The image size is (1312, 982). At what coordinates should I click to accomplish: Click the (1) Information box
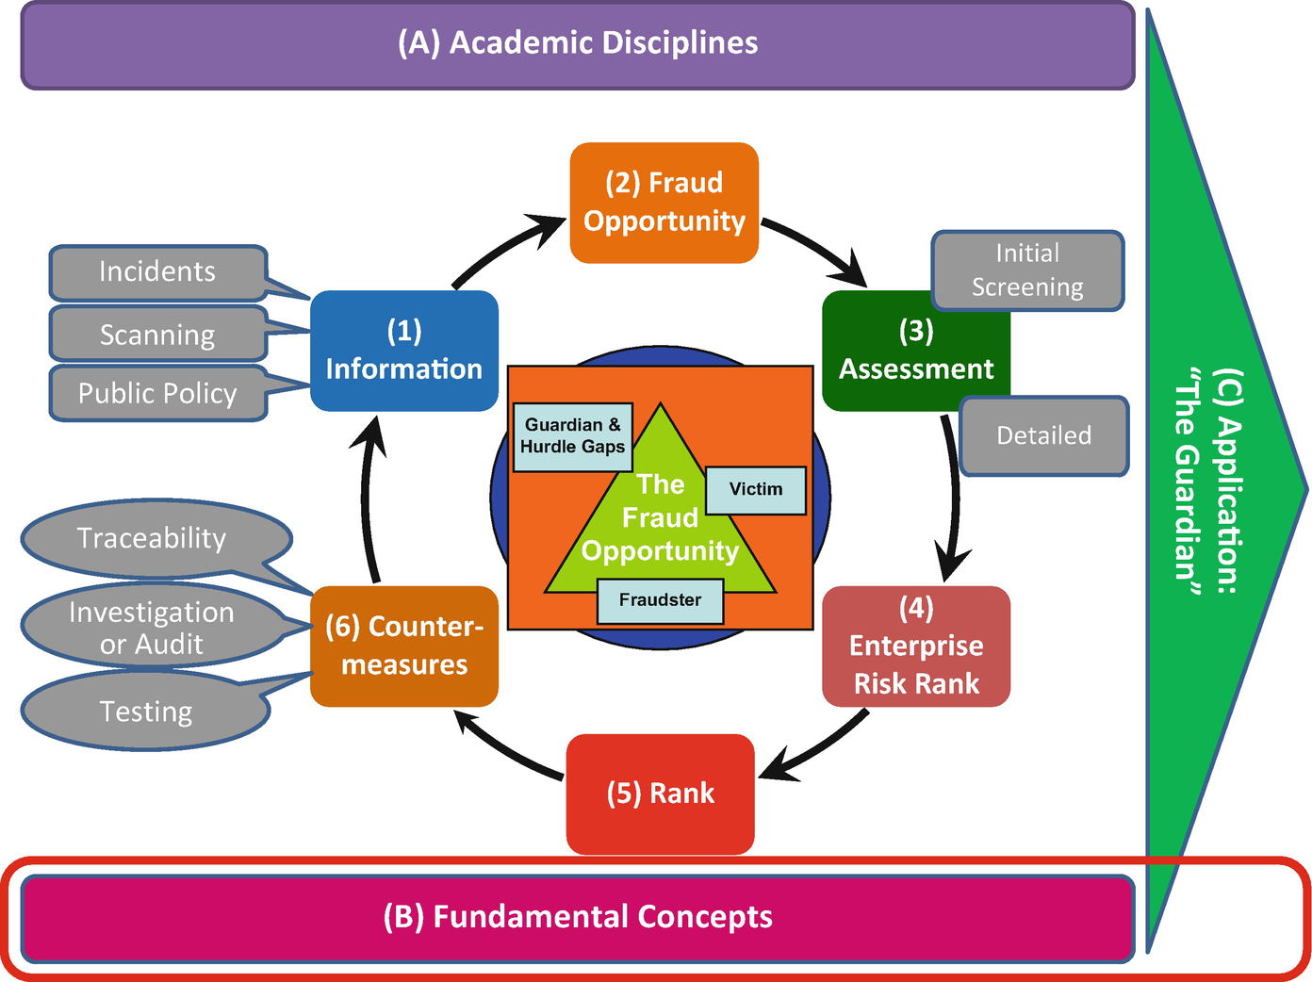[x=403, y=351]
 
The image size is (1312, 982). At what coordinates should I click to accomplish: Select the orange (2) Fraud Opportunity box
[x=664, y=203]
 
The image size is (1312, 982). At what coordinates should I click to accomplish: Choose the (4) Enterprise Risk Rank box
[x=916, y=646]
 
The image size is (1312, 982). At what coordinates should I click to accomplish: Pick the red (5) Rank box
[x=660, y=794]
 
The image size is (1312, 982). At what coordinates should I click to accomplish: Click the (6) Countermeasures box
[x=403, y=646]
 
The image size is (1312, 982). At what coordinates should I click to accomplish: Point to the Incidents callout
[x=157, y=272]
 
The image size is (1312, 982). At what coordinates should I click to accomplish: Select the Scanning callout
[x=157, y=335]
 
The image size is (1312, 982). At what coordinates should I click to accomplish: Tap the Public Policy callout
[x=157, y=393]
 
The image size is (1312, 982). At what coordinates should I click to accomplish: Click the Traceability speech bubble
[x=152, y=538]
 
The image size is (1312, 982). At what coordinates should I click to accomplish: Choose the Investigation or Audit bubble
[x=151, y=628]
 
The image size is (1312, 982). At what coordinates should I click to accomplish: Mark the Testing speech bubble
[x=145, y=712]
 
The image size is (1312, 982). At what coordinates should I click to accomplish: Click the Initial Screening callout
[x=1027, y=270]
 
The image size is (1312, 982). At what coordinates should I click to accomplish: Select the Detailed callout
[x=1043, y=435]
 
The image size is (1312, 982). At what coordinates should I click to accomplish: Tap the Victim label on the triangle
[x=756, y=489]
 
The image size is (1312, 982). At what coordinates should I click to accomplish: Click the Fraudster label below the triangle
[x=660, y=600]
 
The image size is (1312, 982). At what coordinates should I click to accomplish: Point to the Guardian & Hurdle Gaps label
[x=572, y=436]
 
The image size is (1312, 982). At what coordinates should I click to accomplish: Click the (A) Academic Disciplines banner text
[x=578, y=43]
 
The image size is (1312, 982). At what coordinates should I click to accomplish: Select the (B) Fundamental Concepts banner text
[x=578, y=917]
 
